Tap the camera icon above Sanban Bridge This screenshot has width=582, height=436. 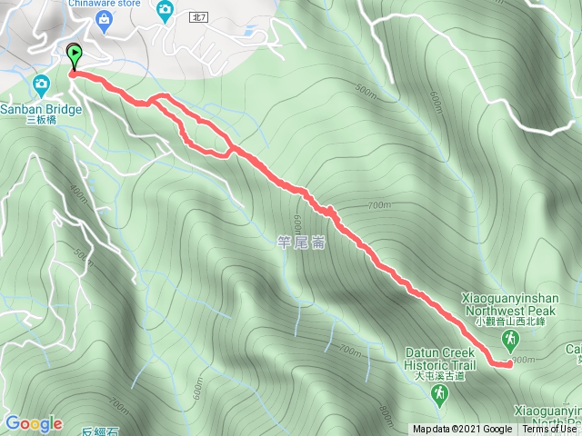point(42,85)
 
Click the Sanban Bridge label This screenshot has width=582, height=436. point(42,106)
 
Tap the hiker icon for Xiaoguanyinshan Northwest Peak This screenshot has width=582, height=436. point(510,340)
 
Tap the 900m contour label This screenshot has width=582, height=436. point(523,361)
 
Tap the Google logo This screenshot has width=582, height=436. point(34,423)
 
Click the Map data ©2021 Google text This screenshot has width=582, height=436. point(462,430)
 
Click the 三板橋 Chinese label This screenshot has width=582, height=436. point(42,119)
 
